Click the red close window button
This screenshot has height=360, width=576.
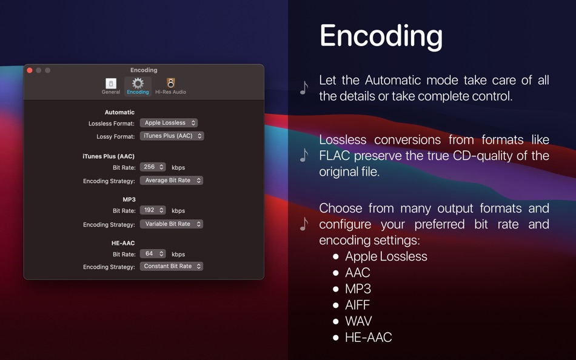coord(30,70)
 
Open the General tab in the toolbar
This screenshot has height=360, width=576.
coord(110,85)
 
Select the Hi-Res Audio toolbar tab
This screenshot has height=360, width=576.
coord(170,85)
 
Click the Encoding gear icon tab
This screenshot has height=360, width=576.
coord(138,85)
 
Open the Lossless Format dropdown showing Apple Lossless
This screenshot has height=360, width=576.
coord(169,123)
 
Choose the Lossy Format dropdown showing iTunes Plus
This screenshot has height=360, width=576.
coord(172,136)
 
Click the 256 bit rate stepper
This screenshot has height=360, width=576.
coord(153,167)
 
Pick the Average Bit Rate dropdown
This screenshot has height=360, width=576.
coord(172,180)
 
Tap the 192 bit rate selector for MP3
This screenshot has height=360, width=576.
coord(153,210)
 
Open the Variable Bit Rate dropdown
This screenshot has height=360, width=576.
coord(172,224)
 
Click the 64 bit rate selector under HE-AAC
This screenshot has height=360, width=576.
coord(153,254)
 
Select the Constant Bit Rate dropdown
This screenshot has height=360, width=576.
coord(172,266)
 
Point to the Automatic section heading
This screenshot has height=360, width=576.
coord(119,112)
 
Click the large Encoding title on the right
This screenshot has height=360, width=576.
coord(381,36)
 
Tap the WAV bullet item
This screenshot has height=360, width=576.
coord(358,321)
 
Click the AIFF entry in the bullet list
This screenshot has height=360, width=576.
coord(357,305)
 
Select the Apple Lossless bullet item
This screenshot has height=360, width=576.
coord(386,256)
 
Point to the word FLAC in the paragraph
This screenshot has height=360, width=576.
coord(335,156)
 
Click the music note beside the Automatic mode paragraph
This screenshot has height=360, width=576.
coord(304,88)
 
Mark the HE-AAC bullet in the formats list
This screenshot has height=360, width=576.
coord(368,338)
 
